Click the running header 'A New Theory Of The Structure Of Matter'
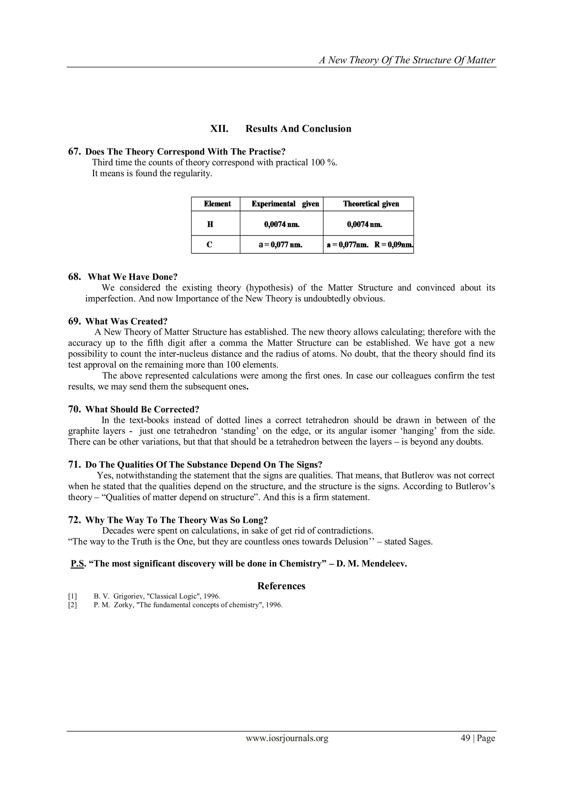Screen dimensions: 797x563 click(x=407, y=60)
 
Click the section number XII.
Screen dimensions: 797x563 click(x=219, y=129)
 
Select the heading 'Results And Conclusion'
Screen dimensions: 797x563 click(x=298, y=129)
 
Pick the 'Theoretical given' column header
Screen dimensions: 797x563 click(x=371, y=204)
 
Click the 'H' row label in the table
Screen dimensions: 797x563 click(x=210, y=224)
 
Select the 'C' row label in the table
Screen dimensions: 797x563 click(x=209, y=245)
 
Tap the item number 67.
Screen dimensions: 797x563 click(x=74, y=152)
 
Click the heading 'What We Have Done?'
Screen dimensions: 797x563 click(x=133, y=277)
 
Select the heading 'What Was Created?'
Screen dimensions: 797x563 click(x=126, y=321)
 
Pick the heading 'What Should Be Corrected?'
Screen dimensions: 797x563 click(x=142, y=409)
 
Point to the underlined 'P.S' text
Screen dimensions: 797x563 click(x=77, y=564)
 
